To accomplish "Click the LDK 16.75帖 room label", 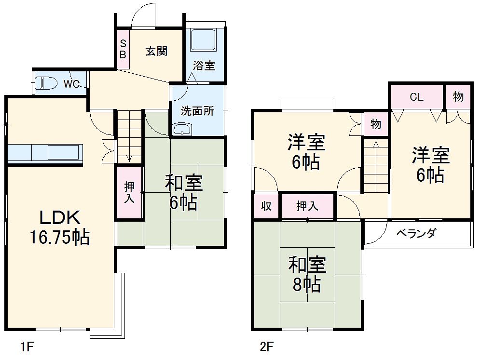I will [x=58, y=227].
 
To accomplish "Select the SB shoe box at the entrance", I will [x=123, y=49].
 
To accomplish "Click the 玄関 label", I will [x=156, y=51].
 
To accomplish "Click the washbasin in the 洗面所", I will [x=182, y=129].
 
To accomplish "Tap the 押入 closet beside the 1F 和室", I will [x=129, y=192].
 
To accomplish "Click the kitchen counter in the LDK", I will [x=45, y=153].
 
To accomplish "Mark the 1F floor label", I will [x=27, y=346].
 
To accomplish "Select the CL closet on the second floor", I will [x=416, y=97].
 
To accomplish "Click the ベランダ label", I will [x=416, y=234].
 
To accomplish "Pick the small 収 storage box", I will [x=266, y=206].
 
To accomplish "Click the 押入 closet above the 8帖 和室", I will [x=307, y=206].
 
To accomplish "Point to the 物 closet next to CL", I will [x=458, y=96].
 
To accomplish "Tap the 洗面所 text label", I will [x=197, y=111].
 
